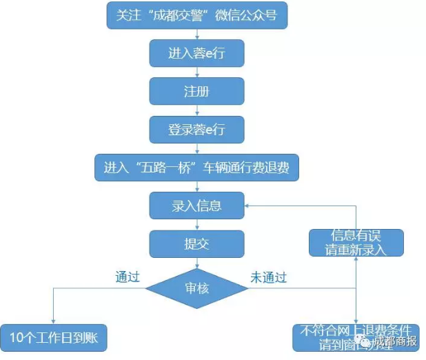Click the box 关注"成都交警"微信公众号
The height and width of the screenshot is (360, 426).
[196, 14]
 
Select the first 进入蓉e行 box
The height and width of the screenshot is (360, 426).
[196, 52]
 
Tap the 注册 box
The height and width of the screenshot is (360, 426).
[196, 90]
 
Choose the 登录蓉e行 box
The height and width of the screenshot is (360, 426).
[196, 129]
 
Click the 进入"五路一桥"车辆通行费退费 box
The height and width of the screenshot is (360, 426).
[196, 167]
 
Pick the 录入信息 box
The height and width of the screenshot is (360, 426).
[196, 205]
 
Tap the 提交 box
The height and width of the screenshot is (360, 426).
[196, 243]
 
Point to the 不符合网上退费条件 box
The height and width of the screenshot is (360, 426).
[355, 337]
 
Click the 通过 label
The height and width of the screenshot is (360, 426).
[128, 278]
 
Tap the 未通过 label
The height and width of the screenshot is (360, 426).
[269, 278]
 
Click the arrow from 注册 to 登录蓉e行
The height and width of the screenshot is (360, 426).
[197, 110]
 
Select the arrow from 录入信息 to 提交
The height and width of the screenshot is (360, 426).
[197, 223]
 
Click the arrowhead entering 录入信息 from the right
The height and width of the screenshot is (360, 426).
[249, 206]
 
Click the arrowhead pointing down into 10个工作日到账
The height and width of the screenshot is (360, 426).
[54, 319]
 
